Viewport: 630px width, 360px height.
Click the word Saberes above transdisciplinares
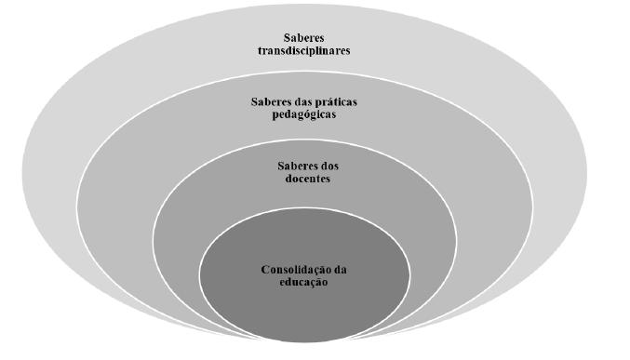click(304, 38)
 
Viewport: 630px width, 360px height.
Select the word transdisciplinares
click(304, 51)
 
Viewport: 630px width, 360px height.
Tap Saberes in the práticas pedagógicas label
click(273, 101)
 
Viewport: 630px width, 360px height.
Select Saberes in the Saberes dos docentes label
click(296, 166)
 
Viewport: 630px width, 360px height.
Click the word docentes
click(304, 179)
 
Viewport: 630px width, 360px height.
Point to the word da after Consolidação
click(341, 270)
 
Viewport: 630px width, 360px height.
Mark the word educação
click(304, 283)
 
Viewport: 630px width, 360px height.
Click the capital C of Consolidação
click(265, 270)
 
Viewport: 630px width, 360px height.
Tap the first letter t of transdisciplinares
click(260, 51)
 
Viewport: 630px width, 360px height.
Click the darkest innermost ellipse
click(304, 307)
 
